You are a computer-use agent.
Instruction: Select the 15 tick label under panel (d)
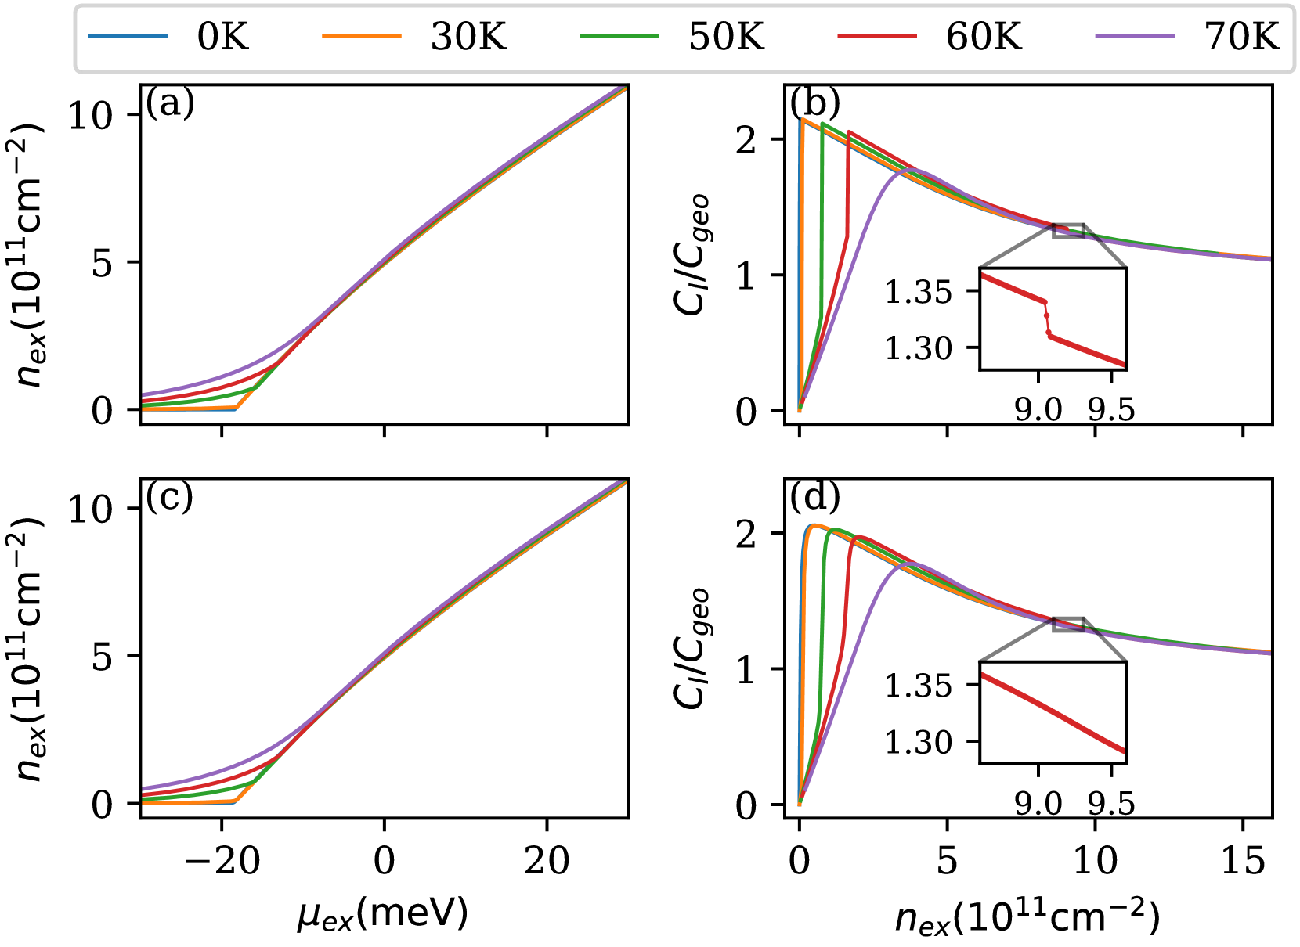(x=1243, y=862)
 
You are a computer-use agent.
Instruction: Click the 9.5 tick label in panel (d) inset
(x=1111, y=803)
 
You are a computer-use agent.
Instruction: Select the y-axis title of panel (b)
(x=692, y=254)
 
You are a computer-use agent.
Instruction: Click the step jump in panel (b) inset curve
(x=1046, y=317)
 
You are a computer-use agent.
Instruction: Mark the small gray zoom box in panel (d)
(x=1069, y=624)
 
